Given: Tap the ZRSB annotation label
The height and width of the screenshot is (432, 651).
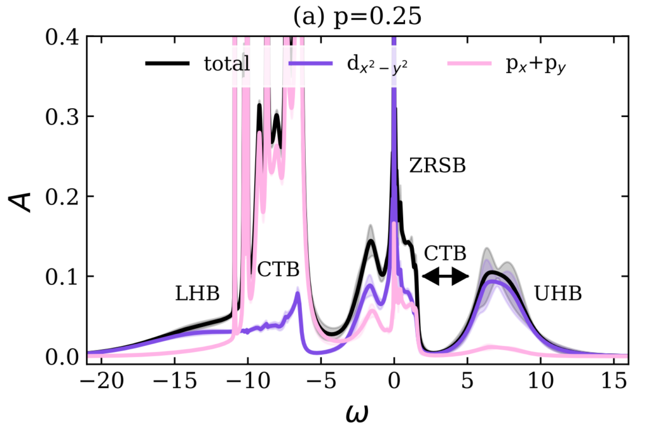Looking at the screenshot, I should (437, 166).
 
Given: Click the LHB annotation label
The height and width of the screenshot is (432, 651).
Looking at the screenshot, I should (197, 294).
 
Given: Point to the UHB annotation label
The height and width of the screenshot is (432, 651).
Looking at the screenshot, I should (558, 294).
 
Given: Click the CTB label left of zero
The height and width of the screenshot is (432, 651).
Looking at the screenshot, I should (278, 270).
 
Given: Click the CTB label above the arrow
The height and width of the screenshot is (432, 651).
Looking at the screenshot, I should (446, 253).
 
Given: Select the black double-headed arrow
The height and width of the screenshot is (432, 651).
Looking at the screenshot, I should (446, 276).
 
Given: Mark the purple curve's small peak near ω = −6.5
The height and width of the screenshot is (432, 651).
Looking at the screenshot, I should (298, 293).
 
